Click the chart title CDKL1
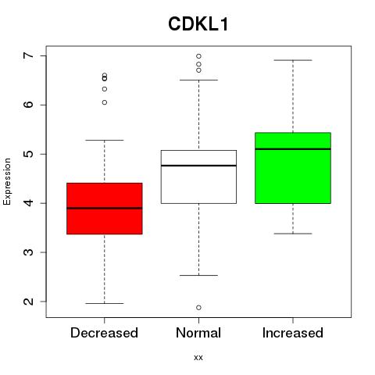[x=198, y=24]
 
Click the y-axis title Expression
[x=7, y=181]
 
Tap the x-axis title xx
[x=198, y=357]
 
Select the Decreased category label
[x=104, y=333]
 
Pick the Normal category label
[x=198, y=333]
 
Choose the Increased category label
[x=293, y=333]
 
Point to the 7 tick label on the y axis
[x=29, y=55]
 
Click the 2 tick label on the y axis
[x=29, y=302]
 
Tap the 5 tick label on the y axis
[x=29, y=154]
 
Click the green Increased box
[x=293, y=168]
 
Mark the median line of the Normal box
[x=198, y=166]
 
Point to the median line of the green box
[x=293, y=149]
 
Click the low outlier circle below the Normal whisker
[x=198, y=308]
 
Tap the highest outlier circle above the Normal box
[x=198, y=56]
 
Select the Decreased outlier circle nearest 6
[x=105, y=102]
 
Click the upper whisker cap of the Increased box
[x=293, y=60]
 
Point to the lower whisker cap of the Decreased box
[x=105, y=303]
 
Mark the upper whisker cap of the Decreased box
[x=105, y=140]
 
